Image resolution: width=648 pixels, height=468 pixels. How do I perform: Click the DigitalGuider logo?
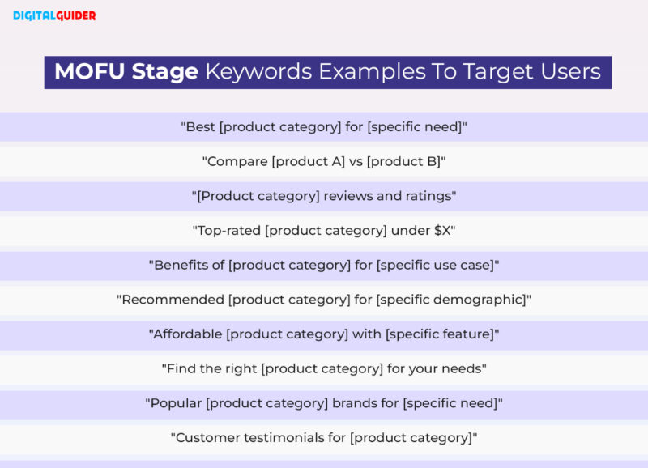pyautogui.click(x=54, y=15)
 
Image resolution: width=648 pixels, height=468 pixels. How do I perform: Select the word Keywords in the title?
pyautogui.click(x=258, y=72)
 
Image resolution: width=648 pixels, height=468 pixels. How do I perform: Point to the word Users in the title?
pyautogui.click(x=570, y=72)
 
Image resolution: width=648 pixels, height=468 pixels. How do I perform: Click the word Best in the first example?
pyautogui.click(x=200, y=127)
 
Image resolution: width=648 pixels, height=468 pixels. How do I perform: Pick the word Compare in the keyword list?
pyautogui.click(x=237, y=161)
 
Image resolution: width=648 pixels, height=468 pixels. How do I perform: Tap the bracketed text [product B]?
pyautogui.click(x=403, y=161)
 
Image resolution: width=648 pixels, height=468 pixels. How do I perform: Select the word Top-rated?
pyautogui.click(x=227, y=230)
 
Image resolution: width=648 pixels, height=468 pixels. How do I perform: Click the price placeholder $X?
pyautogui.click(x=442, y=230)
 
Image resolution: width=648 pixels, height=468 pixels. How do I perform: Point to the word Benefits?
pyautogui.click(x=183, y=265)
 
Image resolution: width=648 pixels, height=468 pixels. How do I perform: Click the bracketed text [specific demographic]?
pyautogui.click(x=450, y=300)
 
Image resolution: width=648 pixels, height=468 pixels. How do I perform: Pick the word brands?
pyautogui.click(x=354, y=403)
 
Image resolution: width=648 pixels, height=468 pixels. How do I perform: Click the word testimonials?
pyautogui.click(x=278, y=438)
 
